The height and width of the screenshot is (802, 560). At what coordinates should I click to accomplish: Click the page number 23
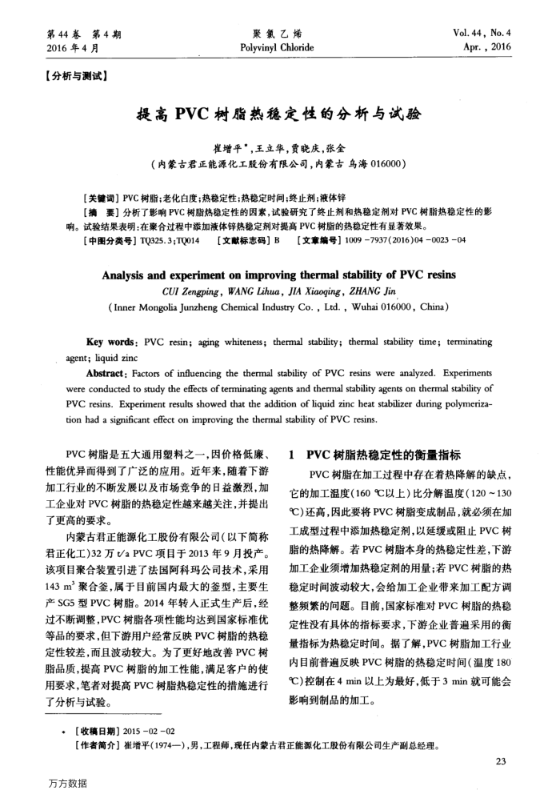coord(500,760)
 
